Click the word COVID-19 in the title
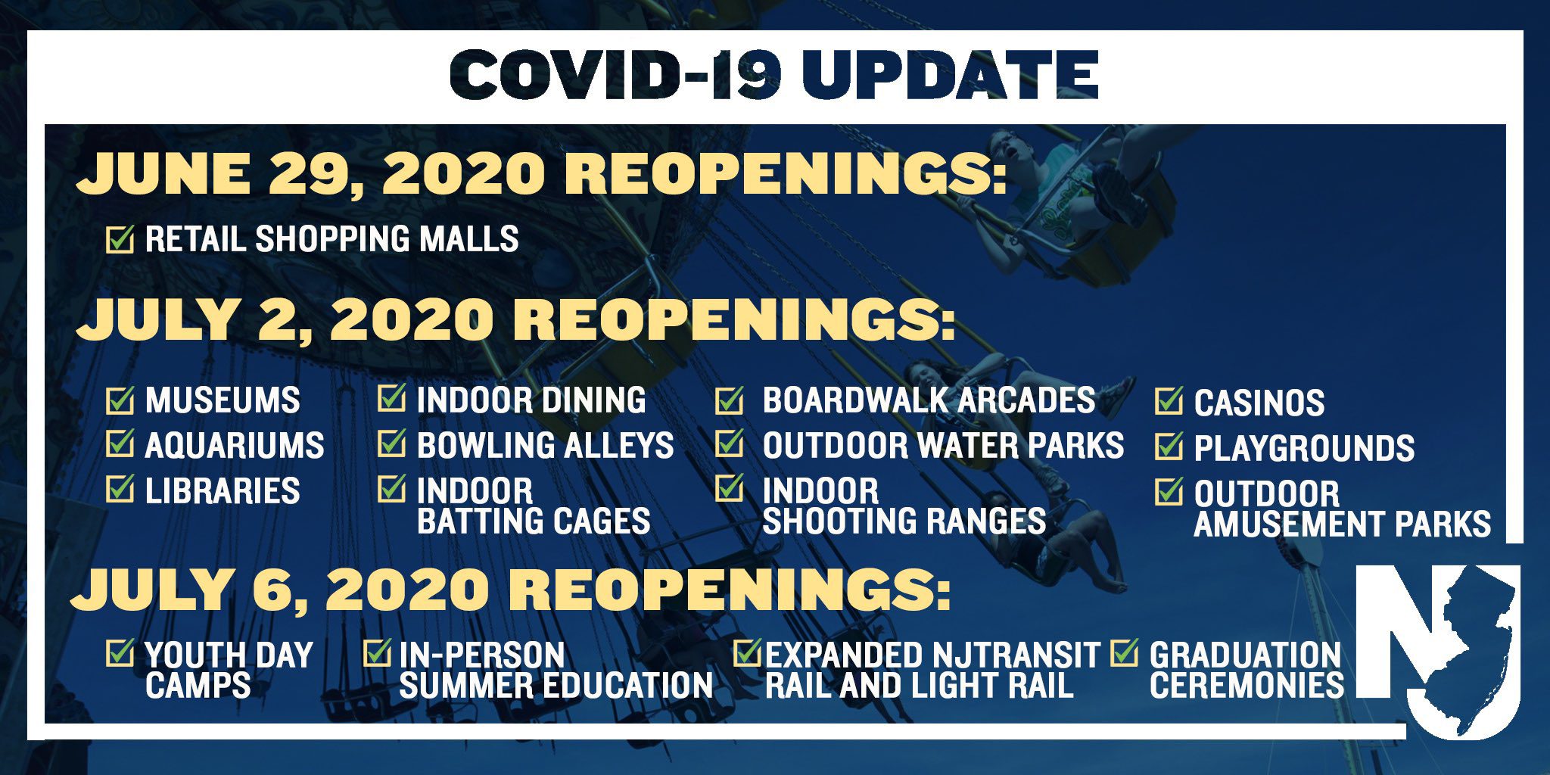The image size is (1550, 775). pyautogui.click(x=615, y=75)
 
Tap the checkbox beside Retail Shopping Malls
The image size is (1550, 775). pyautogui.click(x=120, y=239)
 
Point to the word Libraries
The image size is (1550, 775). pyautogui.click(x=223, y=491)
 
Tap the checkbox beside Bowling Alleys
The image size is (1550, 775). pyautogui.click(x=392, y=444)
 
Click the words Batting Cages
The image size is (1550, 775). pyautogui.click(x=534, y=521)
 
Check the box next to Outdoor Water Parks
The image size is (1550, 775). pyautogui.click(x=730, y=444)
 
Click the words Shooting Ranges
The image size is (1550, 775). pyautogui.click(x=904, y=521)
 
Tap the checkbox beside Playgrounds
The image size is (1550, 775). pyautogui.click(x=1169, y=447)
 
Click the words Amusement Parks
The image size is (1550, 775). pyautogui.click(x=1343, y=524)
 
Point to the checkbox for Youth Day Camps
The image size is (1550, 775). pyautogui.click(x=120, y=652)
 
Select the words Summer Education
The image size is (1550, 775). pyautogui.click(x=556, y=686)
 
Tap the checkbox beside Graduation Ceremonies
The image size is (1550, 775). pyautogui.click(x=1125, y=652)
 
